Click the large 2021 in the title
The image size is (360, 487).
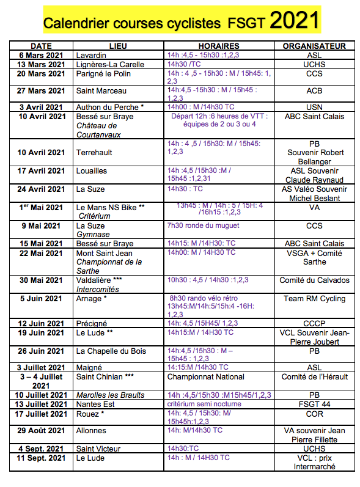(x=294, y=21)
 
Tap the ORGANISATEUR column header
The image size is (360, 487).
(x=314, y=46)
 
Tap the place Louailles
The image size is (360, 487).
(x=92, y=171)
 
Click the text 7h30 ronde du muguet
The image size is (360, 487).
(x=202, y=225)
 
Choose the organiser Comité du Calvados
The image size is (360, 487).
(x=314, y=280)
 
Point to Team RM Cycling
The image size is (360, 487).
(x=314, y=299)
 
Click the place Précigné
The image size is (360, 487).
(x=92, y=323)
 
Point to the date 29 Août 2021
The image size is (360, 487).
(x=41, y=431)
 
